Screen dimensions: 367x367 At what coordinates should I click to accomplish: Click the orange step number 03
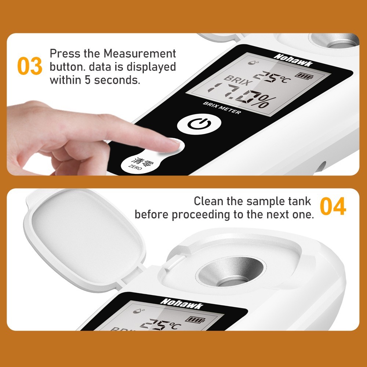pyautogui.click(x=30, y=66)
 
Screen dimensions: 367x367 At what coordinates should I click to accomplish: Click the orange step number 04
pyautogui.click(x=333, y=207)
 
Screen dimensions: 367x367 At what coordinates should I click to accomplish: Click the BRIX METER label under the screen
pyautogui.click(x=222, y=108)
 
